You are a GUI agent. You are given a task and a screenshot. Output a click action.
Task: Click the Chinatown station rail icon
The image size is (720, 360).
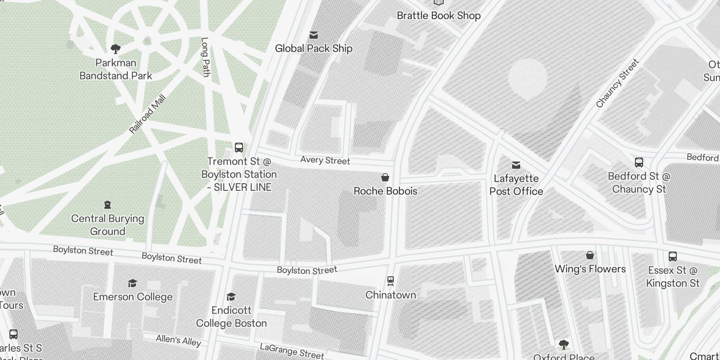[x=391, y=281]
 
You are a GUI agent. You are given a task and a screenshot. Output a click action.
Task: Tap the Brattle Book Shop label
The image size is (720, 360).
[x=438, y=16]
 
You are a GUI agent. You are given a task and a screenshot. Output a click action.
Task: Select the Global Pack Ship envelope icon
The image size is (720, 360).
[x=314, y=35]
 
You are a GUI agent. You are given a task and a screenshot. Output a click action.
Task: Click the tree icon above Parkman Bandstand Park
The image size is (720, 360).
[x=116, y=49]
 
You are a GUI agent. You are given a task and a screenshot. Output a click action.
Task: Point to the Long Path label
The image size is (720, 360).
[x=205, y=57]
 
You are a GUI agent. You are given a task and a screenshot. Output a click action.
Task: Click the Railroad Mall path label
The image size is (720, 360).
[x=148, y=114]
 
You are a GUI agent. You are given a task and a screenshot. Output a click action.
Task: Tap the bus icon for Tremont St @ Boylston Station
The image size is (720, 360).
[x=239, y=148]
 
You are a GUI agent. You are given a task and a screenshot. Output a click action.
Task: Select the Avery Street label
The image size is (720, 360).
[x=325, y=160]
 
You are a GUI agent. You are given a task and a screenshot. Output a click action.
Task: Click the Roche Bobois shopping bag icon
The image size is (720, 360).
[x=385, y=177]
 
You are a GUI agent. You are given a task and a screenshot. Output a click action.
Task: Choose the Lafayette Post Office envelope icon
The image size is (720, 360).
[x=516, y=165]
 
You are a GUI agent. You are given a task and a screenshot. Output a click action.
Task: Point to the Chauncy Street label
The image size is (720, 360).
[x=617, y=84]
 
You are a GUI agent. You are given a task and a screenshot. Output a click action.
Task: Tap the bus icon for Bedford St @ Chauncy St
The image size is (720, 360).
[x=639, y=162]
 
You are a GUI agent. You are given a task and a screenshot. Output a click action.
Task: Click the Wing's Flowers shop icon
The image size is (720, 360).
[x=590, y=256]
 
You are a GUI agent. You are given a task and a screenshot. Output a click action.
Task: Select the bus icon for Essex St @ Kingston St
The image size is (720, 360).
[x=673, y=256]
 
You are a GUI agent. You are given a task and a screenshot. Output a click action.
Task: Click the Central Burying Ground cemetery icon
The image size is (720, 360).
[x=107, y=205]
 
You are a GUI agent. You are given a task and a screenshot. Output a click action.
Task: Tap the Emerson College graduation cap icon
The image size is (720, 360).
[x=132, y=283]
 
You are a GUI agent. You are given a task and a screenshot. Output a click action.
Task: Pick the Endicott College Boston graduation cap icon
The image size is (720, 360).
[x=231, y=297]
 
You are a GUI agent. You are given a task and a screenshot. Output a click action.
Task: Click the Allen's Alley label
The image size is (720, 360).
[x=178, y=340]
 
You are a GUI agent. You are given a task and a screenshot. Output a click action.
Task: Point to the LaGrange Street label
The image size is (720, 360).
[x=292, y=351]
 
